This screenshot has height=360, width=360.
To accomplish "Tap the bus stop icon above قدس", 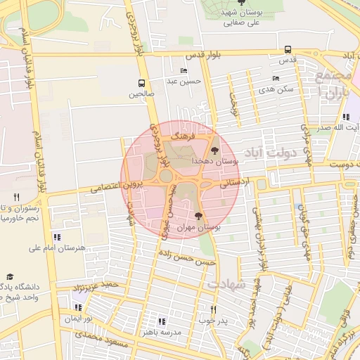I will click(288, 49).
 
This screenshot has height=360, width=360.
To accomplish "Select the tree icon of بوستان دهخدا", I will click(214, 150).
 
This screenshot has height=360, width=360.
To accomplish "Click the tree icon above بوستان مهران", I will click(199, 216).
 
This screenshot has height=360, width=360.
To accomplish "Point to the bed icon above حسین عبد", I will click(184, 70).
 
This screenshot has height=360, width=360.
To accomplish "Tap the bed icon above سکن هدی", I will click(275, 78).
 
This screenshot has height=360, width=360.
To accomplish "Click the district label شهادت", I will click(226, 285).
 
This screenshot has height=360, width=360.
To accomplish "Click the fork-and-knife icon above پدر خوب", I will click(214, 309).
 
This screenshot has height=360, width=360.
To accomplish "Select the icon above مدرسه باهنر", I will click(163, 321).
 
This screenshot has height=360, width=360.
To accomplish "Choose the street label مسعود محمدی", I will click(103, 339).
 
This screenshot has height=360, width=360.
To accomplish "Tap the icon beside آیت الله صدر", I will click(346, 117).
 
